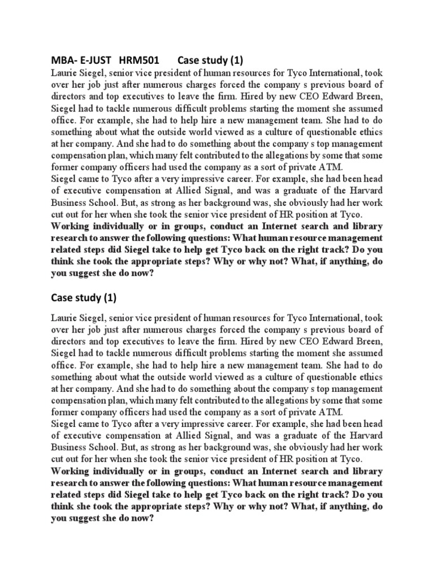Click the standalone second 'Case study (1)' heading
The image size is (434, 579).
pyautogui.click(x=83, y=297)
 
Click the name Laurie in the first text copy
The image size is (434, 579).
pyautogui.click(x=64, y=74)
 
